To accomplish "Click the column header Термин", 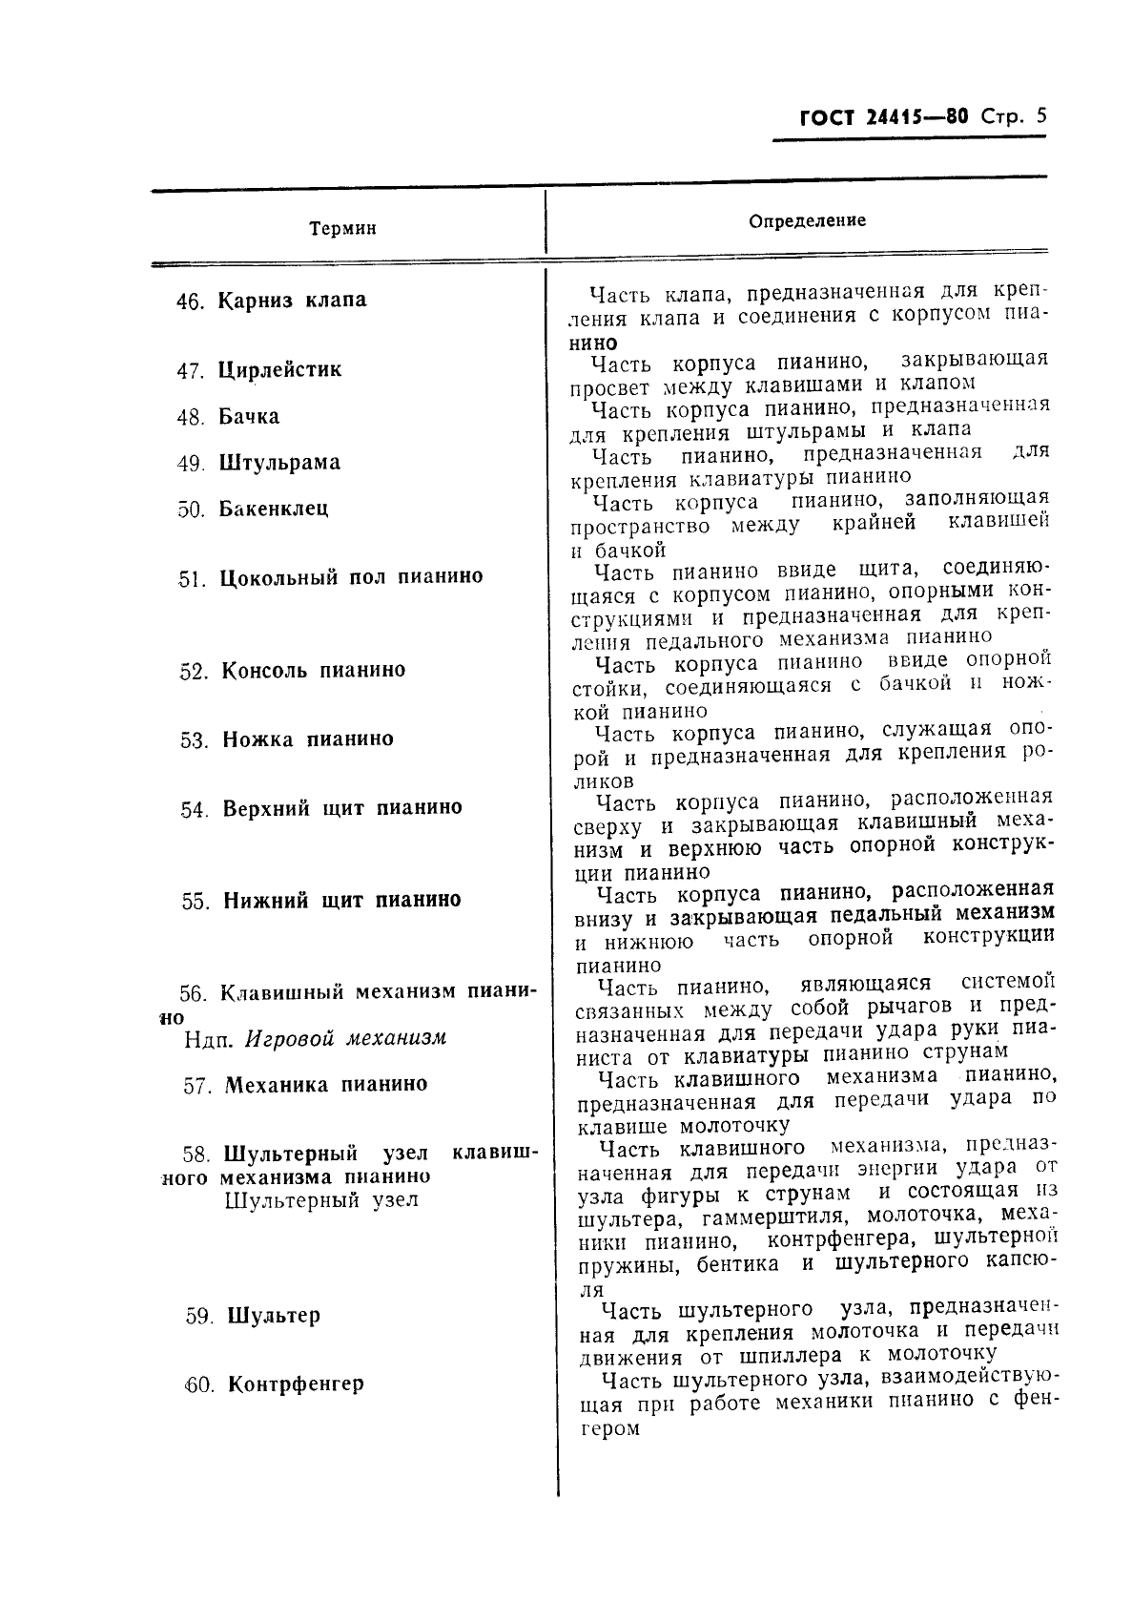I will click(342, 229).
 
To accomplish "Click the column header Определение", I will click(807, 220).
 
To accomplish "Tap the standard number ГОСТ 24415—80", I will click(884, 118).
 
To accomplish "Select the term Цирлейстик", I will click(279, 369).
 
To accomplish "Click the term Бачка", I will click(249, 417).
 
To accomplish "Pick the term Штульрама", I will click(279, 463).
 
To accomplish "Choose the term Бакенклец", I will click(274, 509).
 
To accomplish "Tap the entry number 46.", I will click(191, 302).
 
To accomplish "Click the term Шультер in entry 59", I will click(274, 1316).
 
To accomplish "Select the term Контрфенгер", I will click(296, 1384).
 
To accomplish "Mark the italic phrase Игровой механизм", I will click(346, 1038).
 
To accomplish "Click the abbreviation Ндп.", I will click(209, 1039).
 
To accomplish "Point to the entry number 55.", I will click(196, 902).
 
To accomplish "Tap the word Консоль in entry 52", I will click(264, 670).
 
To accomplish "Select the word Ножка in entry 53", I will click(257, 739).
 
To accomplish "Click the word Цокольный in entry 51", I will click(278, 577).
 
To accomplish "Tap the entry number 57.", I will click(196, 1086).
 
